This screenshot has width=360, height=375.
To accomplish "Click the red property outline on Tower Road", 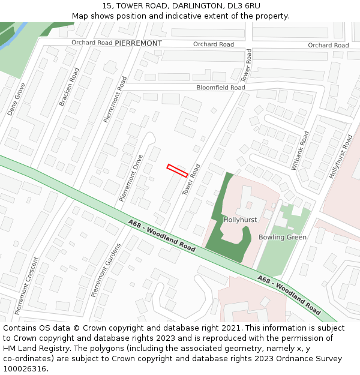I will (177, 170).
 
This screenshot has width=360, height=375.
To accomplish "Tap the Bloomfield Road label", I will (221, 88).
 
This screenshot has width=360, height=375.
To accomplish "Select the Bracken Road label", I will (69, 87).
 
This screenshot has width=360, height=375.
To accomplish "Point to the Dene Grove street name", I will (17, 99).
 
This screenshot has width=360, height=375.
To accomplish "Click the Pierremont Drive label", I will (131, 178).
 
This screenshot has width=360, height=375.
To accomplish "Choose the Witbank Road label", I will (299, 151).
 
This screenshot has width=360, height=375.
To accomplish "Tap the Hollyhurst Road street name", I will (341, 157).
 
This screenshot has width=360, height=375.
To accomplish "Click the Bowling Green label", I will (283, 237).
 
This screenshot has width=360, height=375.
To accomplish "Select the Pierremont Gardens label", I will (106, 270).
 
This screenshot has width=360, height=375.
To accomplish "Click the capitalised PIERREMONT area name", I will (138, 44).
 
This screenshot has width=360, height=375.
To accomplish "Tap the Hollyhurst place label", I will (240, 220).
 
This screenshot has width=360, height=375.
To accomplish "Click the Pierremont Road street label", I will (115, 99).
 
